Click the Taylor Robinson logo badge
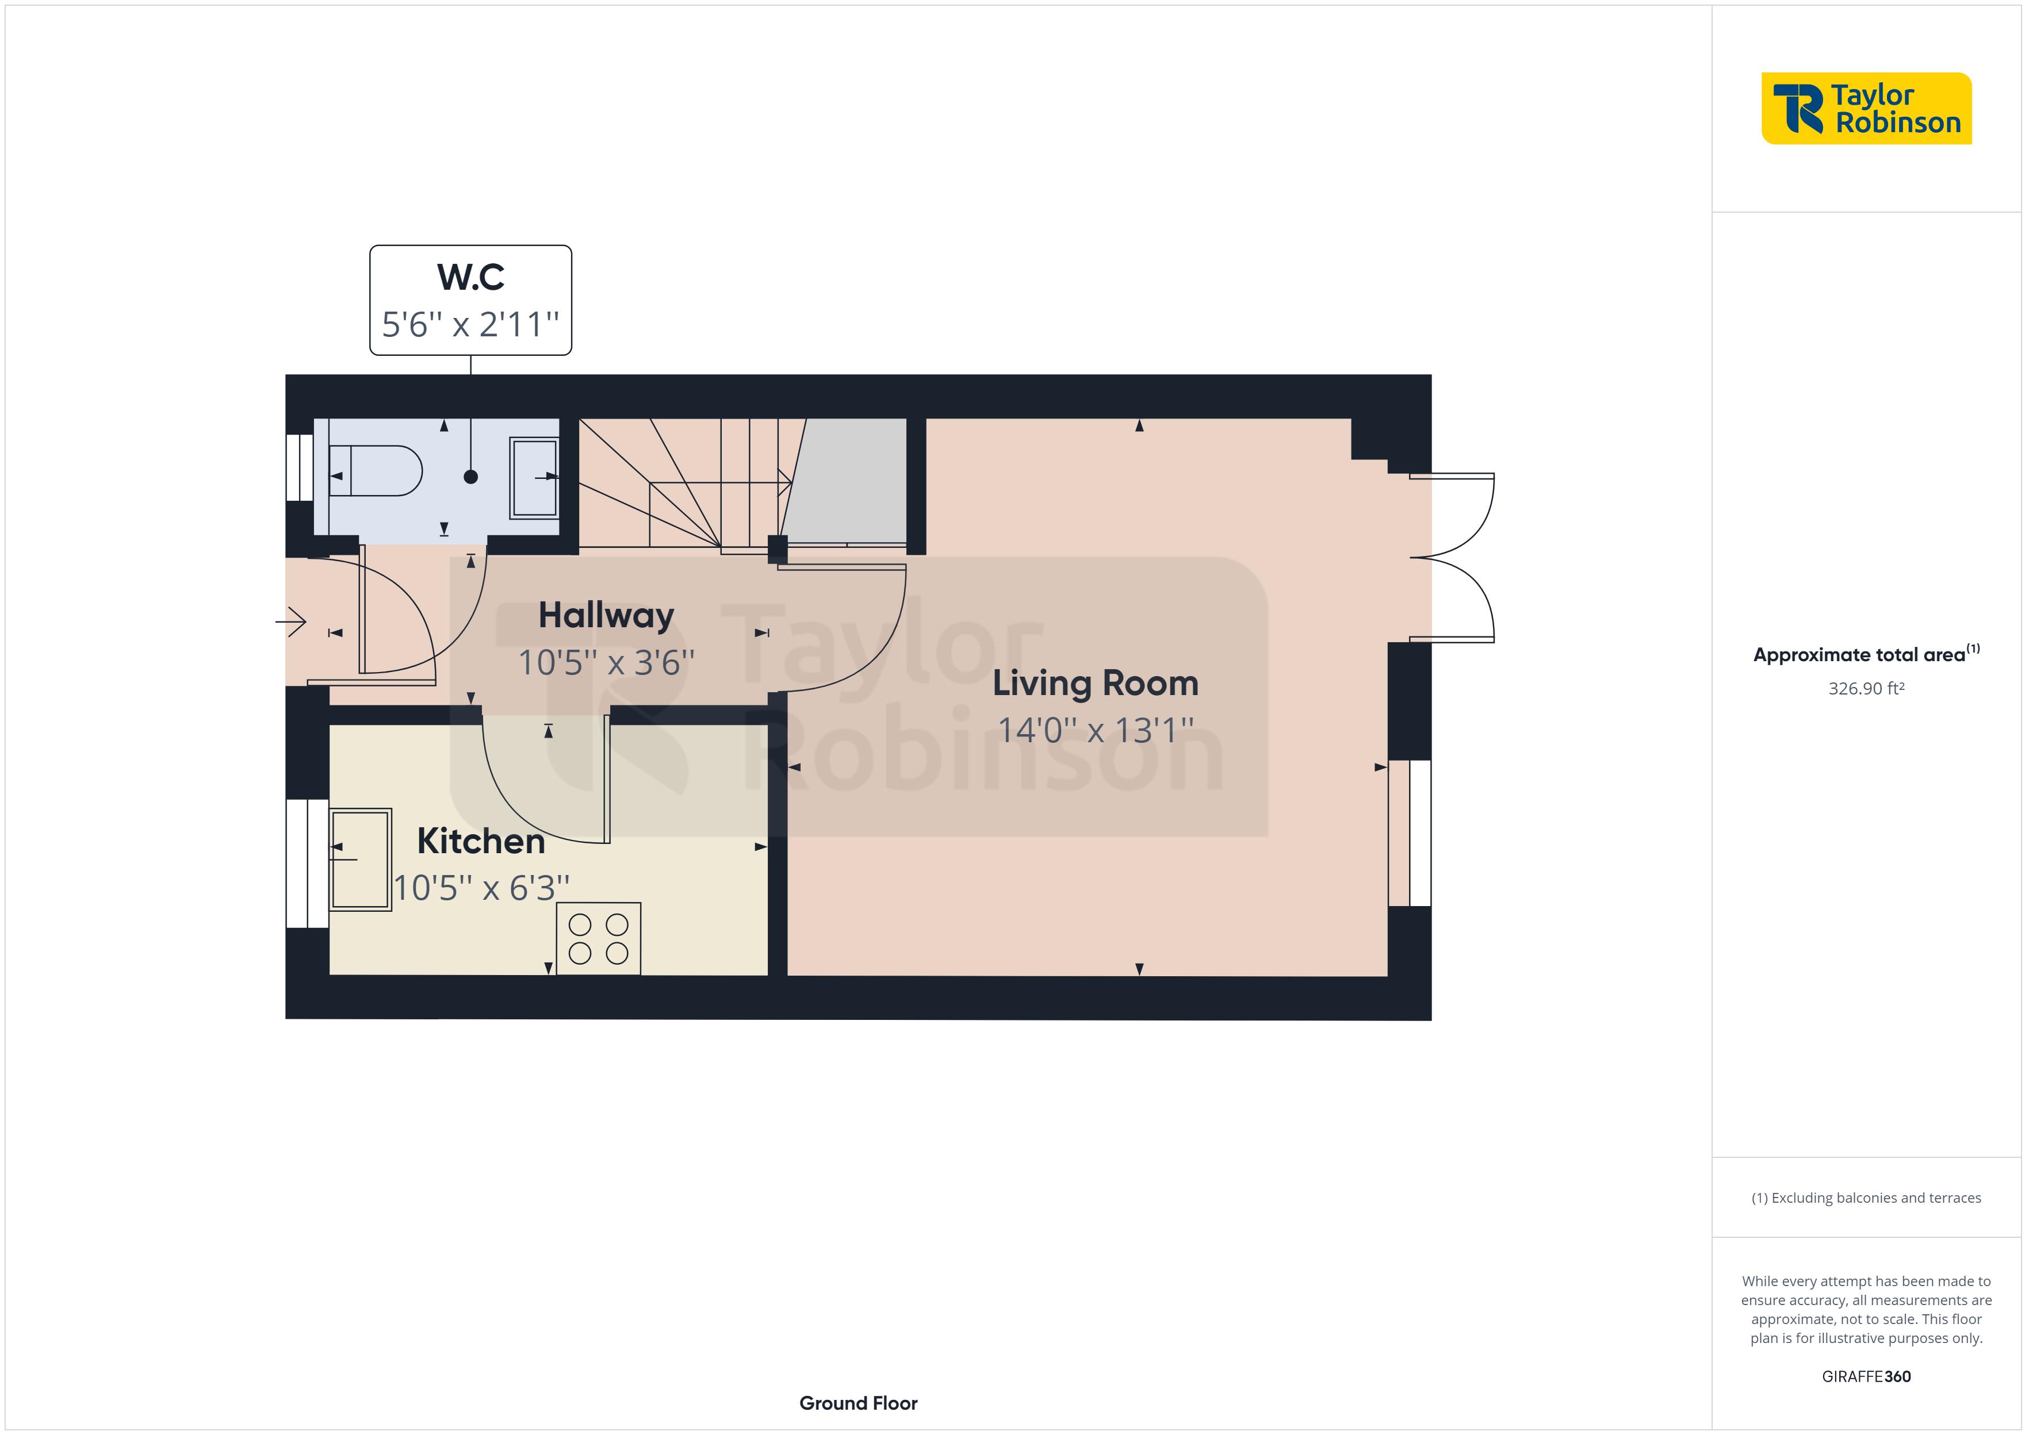tap(1866, 109)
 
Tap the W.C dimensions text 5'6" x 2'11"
tap(470, 324)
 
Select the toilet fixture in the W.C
tap(376, 471)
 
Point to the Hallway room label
tap(606, 615)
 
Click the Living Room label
tap(1095, 683)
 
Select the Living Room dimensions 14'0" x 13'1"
tap(1095, 731)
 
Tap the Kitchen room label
tap(481, 841)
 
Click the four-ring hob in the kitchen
tap(598, 938)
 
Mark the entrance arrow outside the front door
tap(293, 622)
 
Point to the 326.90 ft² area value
tap(1866, 688)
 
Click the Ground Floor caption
tap(858, 1403)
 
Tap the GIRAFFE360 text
tap(1866, 1377)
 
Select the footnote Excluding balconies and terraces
tap(1866, 1198)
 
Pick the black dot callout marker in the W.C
tap(471, 477)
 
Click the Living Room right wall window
tap(1410, 833)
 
